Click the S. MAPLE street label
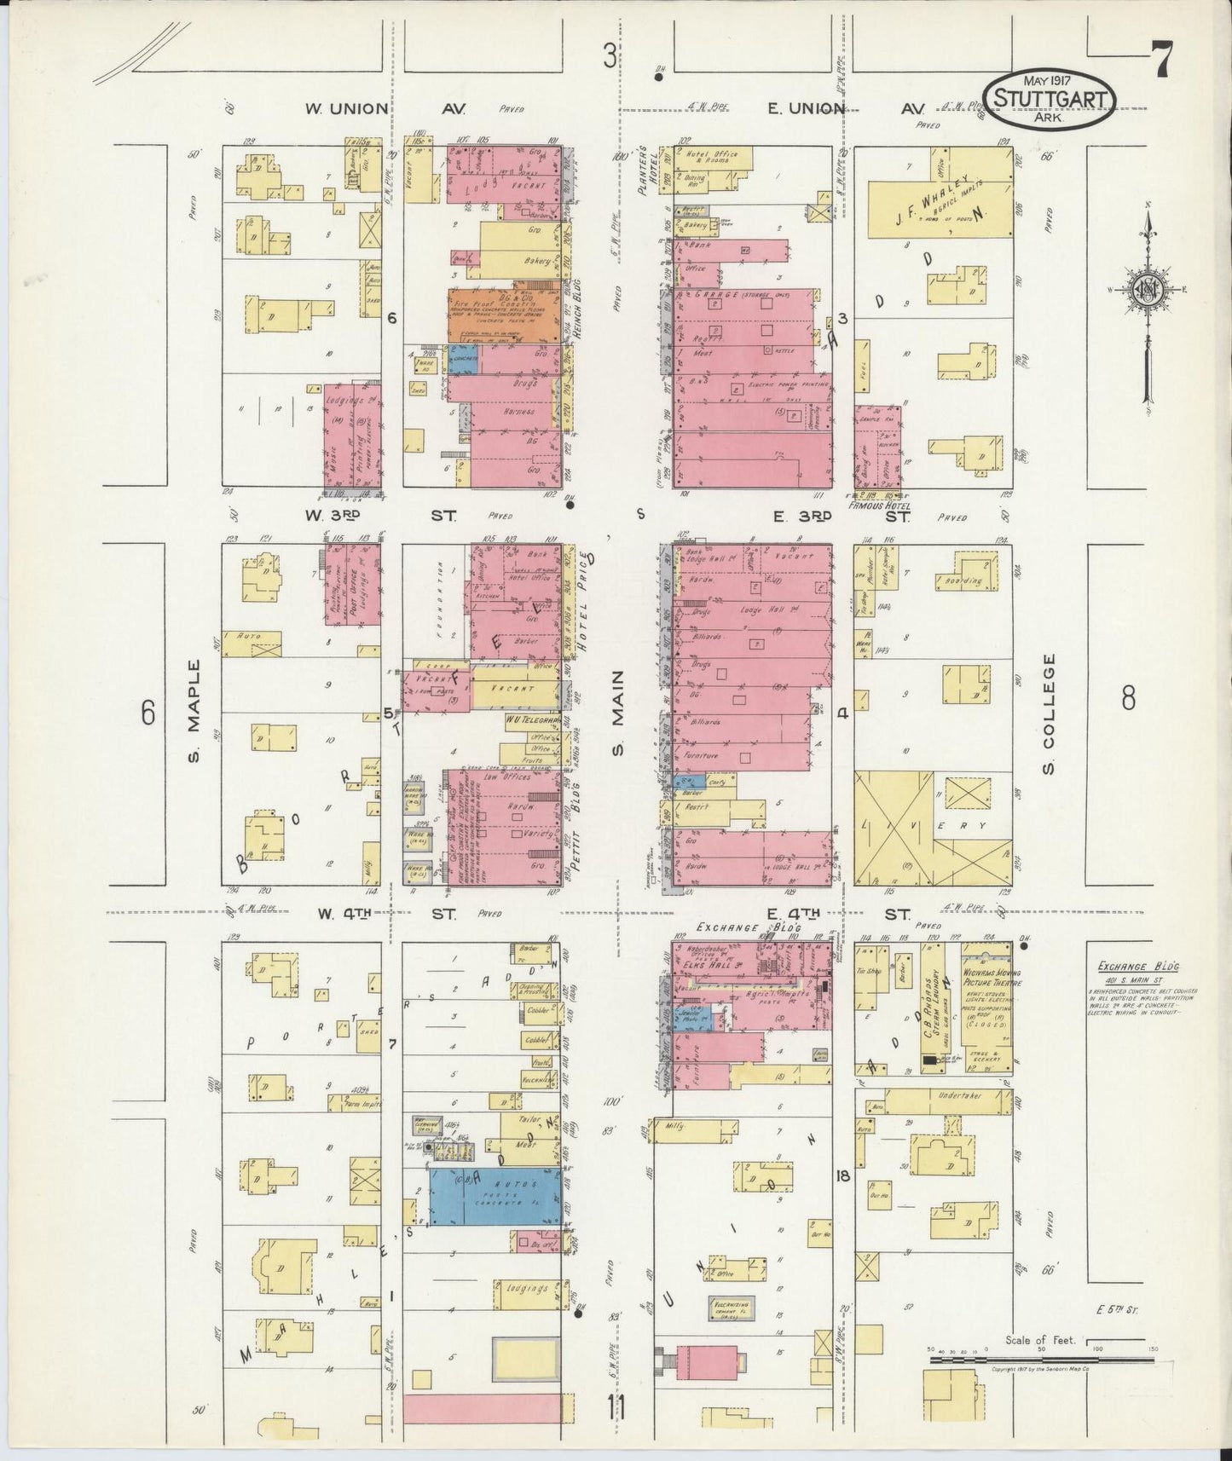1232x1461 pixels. pyautogui.click(x=194, y=711)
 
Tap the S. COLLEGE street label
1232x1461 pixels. pyautogui.click(x=1049, y=714)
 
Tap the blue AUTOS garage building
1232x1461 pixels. pyautogui.click(x=495, y=1197)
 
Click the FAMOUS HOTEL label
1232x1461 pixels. pyautogui.click(x=879, y=505)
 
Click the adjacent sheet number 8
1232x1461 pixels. pyautogui.click(x=1128, y=699)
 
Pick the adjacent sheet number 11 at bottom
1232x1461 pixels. pyautogui.click(x=616, y=1407)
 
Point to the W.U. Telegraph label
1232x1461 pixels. pyautogui.click(x=533, y=719)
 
